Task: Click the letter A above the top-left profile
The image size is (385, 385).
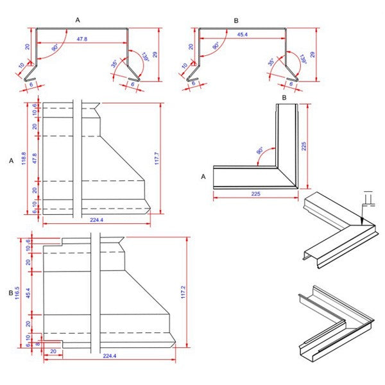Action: (78, 21)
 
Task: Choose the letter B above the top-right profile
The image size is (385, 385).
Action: (236, 21)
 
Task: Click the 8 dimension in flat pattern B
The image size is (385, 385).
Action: (37, 343)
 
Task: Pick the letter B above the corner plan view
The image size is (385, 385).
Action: (284, 98)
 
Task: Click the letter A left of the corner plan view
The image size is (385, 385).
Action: (203, 176)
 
